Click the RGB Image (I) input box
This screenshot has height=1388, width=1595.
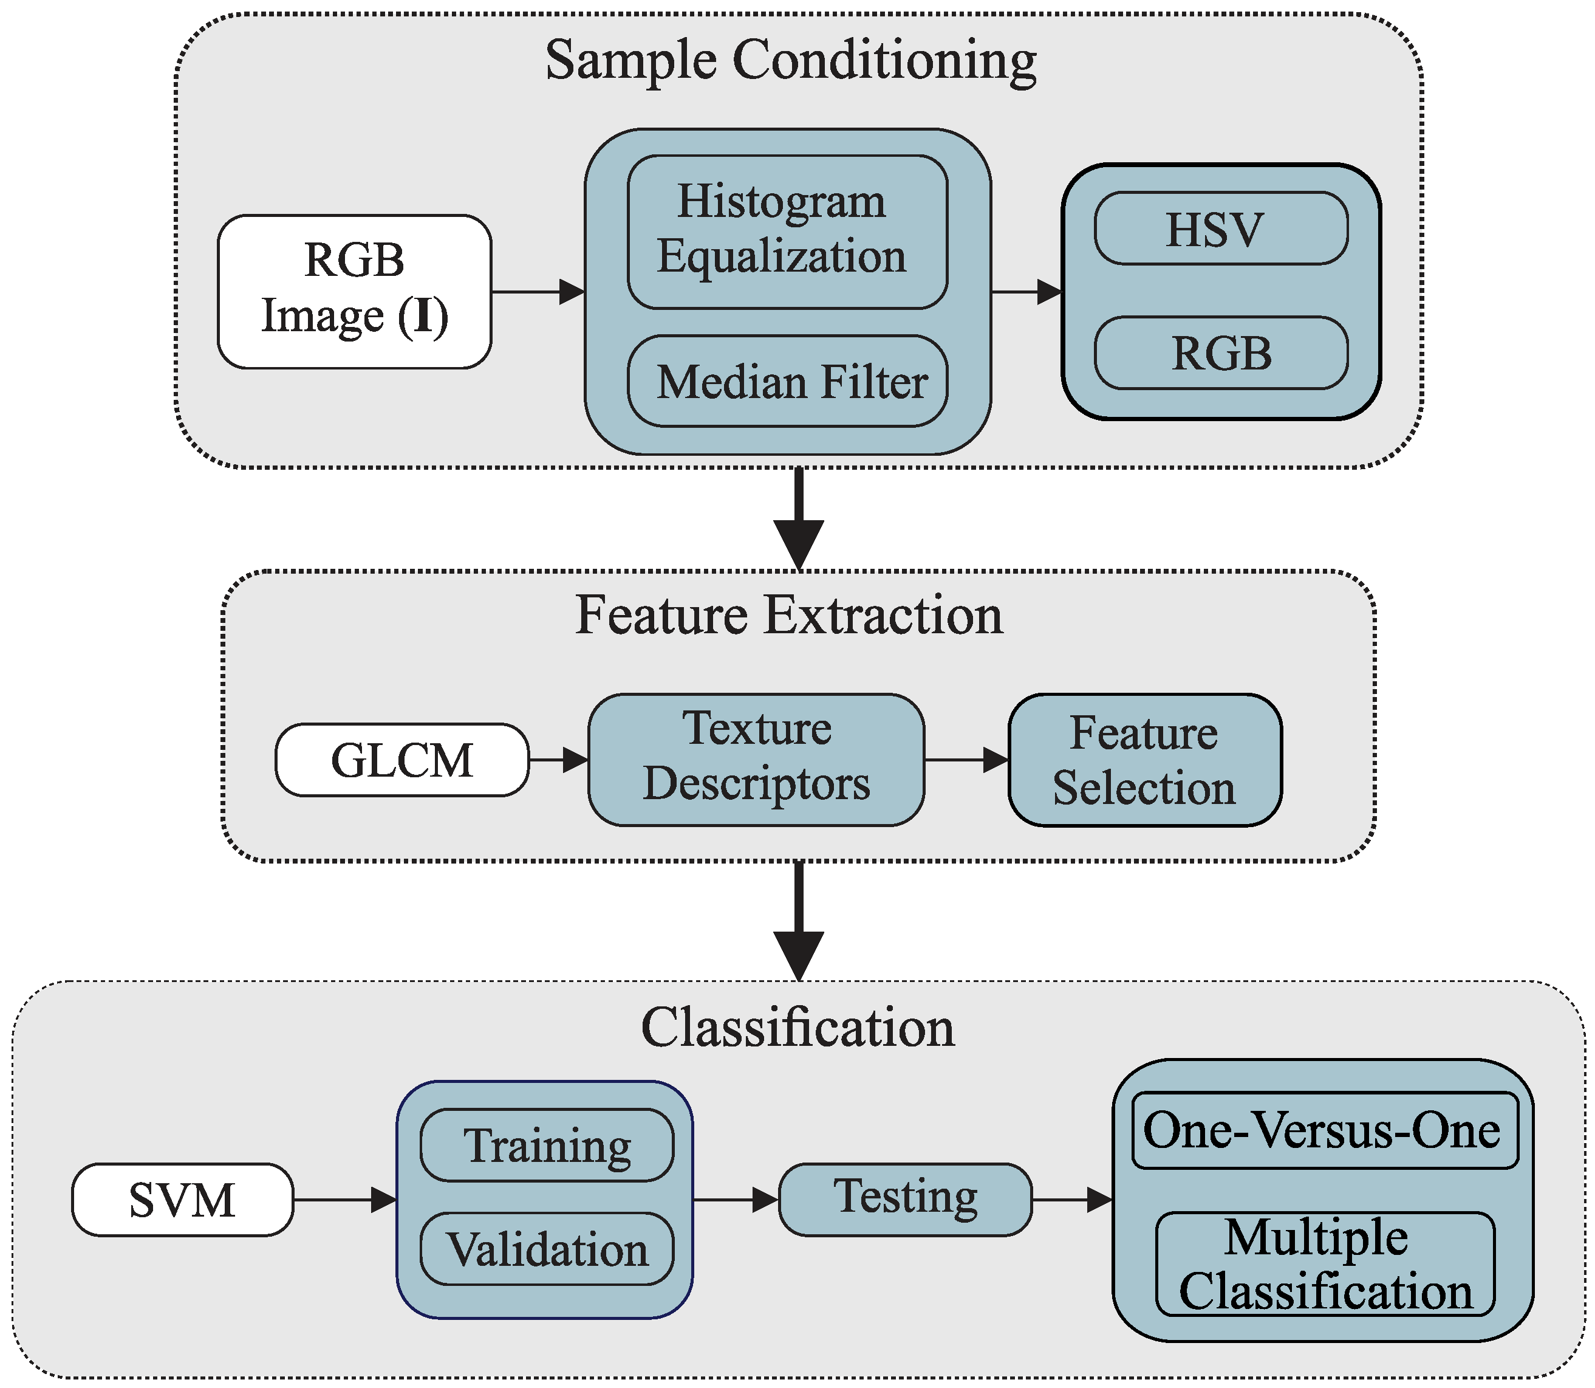[x=354, y=291]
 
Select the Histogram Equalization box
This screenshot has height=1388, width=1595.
[x=787, y=232]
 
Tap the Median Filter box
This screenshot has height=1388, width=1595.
[x=787, y=381]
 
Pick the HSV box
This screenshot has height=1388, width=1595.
[x=1220, y=228]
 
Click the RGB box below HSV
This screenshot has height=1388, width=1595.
[x=1220, y=352]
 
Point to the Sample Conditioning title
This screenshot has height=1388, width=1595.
[x=790, y=60]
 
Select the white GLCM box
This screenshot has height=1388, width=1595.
[x=402, y=760]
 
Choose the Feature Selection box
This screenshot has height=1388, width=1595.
[x=1144, y=760]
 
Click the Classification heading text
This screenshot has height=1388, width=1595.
[x=798, y=1028]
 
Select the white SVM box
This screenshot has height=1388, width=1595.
[x=182, y=1200]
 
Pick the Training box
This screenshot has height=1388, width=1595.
[x=547, y=1146]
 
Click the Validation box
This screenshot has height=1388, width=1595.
[x=547, y=1249]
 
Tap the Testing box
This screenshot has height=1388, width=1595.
[x=904, y=1199]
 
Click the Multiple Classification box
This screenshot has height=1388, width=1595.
[x=1324, y=1264]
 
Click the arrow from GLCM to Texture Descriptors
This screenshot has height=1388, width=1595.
[x=558, y=760]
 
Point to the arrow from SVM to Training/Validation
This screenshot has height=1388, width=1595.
[x=344, y=1200]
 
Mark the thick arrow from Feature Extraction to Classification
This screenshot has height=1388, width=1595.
[x=798, y=922]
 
